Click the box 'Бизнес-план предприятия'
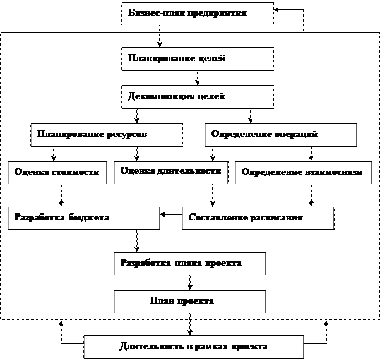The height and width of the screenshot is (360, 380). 197,13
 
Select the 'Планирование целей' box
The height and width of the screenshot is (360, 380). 197,59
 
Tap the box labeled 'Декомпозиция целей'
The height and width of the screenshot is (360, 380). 197,97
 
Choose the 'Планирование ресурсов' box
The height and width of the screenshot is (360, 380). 106,135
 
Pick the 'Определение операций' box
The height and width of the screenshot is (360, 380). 280,135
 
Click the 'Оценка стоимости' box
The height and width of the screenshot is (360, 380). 57,172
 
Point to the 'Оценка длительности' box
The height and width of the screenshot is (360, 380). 170,172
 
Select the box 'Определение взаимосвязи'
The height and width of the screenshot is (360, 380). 302,172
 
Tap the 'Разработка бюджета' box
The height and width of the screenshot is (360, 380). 83,218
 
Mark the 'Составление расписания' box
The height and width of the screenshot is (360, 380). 258,218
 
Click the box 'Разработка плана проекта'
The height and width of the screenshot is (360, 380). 189,263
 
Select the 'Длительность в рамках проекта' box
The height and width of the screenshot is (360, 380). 193,347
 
